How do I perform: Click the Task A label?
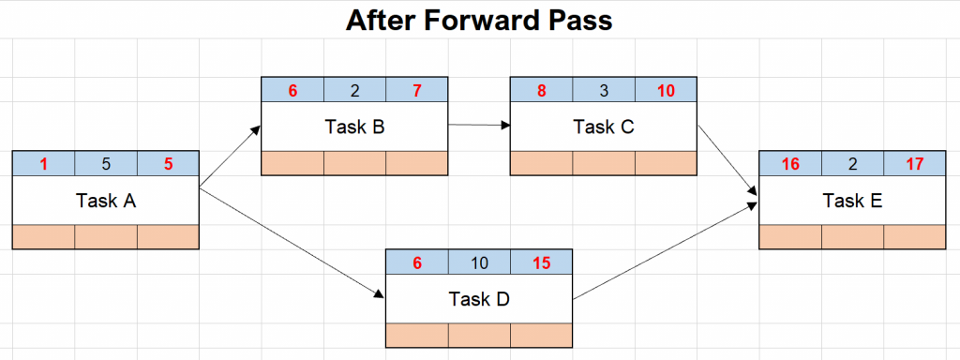(x=105, y=200)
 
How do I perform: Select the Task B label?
(x=354, y=127)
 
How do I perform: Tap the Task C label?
(x=603, y=127)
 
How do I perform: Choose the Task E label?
(x=852, y=200)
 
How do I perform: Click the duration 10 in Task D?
(x=479, y=263)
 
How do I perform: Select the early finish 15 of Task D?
(x=541, y=263)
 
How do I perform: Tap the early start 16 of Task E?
(x=790, y=164)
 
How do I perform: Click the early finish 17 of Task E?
(x=914, y=164)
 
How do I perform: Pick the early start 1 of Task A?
(x=43, y=164)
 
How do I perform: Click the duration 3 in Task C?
(x=603, y=91)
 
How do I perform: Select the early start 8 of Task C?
(x=541, y=91)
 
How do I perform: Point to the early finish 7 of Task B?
(x=416, y=91)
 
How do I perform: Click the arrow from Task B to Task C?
(x=478, y=123)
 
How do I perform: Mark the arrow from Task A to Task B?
(x=230, y=159)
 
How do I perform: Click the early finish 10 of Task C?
(x=666, y=91)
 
